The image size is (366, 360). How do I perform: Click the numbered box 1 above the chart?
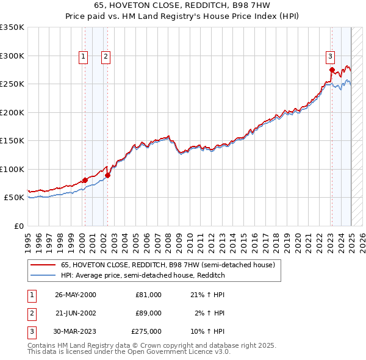click(83, 57)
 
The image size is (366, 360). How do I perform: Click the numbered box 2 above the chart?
click(106, 57)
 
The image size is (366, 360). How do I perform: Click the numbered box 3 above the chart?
click(330, 57)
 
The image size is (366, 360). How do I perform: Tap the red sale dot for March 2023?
click(332, 70)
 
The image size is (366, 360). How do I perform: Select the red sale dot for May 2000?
click(85, 180)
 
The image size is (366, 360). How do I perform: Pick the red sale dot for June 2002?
click(108, 175)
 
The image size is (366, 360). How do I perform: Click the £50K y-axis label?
click(14, 198)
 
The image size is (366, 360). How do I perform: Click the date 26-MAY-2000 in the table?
click(76, 295)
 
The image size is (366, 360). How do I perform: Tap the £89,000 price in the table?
click(148, 313)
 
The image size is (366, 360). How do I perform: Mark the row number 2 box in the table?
click(30, 313)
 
